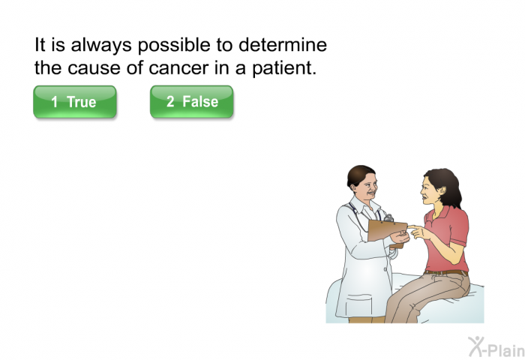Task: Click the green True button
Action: click(75, 102)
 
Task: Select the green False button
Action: click(191, 102)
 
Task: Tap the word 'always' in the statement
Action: click(101, 46)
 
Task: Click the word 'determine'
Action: click(283, 44)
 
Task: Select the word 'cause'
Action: click(94, 68)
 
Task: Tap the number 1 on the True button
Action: click(54, 102)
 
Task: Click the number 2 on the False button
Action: click(170, 101)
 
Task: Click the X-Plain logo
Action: click(496, 347)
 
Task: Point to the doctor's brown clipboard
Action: click(387, 231)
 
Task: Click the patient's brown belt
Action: click(446, 272)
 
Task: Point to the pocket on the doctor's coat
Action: click(359, 304)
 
